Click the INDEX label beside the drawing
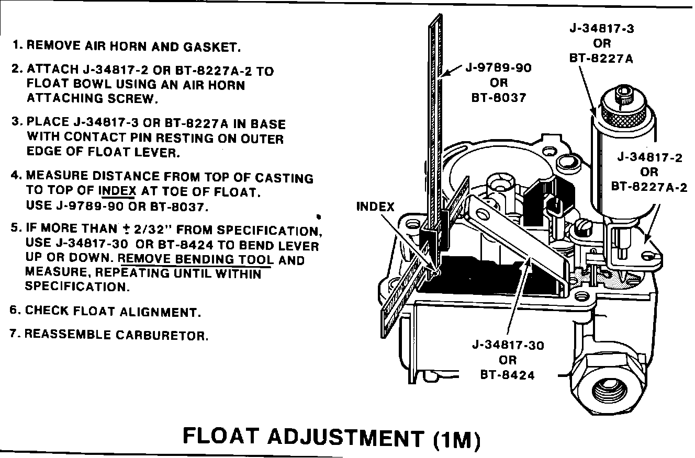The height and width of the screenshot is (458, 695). point(375,207)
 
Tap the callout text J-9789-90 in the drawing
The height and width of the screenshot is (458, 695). point(499,68)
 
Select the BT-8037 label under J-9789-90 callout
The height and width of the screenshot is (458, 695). point(499,97)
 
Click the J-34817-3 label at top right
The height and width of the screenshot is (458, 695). point(602,29)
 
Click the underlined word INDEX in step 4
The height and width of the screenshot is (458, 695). point(117,191)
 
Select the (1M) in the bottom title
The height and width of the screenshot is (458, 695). point(456,438)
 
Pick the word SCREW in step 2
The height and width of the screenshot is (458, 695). point(133,98)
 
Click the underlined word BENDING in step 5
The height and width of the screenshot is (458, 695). point(206,259)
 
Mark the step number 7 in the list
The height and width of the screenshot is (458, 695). point(14,334)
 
